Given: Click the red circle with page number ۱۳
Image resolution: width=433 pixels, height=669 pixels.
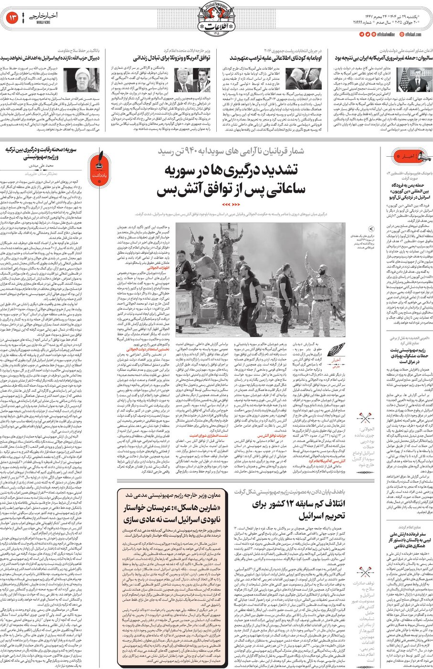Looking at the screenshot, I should click(12, 18).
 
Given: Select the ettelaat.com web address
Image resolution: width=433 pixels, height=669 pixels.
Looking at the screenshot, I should click(413, 34).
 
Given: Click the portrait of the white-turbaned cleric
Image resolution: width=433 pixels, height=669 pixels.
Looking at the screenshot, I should click(86, 80).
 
